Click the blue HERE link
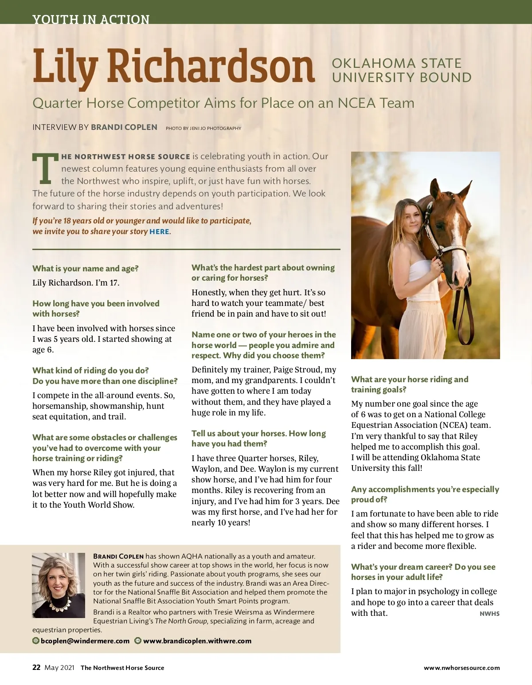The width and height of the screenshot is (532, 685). [159, 231]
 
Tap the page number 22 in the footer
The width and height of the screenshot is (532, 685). [36, 667]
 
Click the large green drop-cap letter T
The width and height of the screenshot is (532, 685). [45, 169]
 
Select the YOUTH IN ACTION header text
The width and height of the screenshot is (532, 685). [91, 20]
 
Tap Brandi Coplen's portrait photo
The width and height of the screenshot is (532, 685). [59, 585]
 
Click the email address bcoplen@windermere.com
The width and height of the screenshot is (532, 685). [85, 641]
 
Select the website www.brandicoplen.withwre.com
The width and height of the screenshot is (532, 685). [197, 641]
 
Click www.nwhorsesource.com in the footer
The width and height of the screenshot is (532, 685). [462, 668]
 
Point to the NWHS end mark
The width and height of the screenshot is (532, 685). [489, 614]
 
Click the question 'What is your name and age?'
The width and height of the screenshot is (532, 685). [86, 268]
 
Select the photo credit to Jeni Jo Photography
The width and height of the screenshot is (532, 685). [203, 128]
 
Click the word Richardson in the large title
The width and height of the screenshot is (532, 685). [211, 67]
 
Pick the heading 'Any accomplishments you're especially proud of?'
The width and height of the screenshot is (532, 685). [425, 494]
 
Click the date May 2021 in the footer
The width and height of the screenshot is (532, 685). [59, 668]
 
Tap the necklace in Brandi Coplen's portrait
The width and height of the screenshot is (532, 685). [59, 603]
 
